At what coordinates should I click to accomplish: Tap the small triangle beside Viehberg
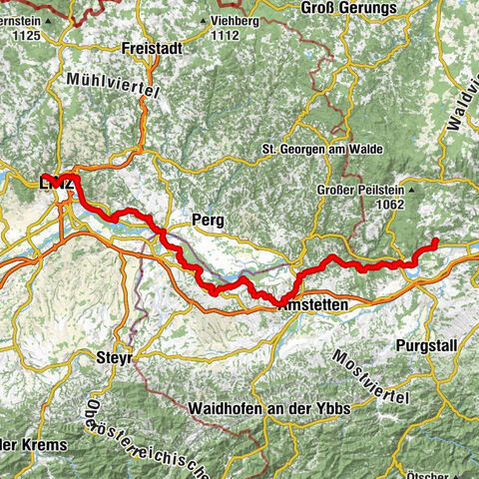[x=206, y=21]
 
